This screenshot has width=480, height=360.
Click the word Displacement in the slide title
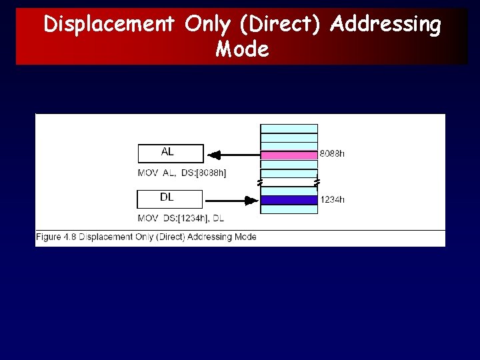pos(109,25)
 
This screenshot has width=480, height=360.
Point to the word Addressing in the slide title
pos(386,25)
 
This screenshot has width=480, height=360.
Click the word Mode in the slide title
pos(242,49)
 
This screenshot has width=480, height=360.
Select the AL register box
pos(170,153)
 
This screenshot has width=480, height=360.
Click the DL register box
pos(169,199)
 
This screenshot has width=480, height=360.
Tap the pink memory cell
pos(289,155)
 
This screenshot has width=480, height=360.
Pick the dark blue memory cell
pos(289,199)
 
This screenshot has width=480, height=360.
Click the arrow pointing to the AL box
pos(233,155)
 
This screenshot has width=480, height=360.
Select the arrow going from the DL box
pos(231,199)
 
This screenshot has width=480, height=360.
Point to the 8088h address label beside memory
pos(332,154)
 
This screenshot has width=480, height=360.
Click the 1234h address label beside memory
pos(332,199)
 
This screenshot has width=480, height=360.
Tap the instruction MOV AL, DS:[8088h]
pos(182,173)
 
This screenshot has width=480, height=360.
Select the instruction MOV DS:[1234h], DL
pos(181,218)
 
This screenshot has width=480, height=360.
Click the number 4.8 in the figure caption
pos(69,237)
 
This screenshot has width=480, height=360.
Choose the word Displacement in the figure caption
pos(104,237)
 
